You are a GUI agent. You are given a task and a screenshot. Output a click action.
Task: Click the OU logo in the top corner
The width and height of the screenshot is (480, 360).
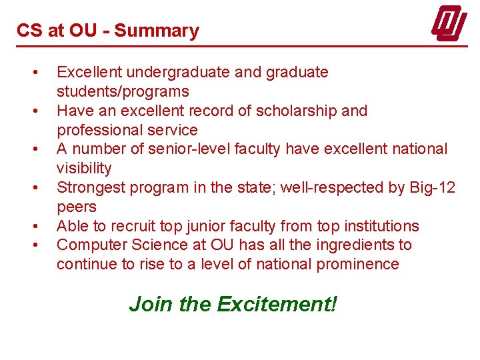448,25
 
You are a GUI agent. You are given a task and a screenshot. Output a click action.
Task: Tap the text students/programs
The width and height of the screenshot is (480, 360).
123,91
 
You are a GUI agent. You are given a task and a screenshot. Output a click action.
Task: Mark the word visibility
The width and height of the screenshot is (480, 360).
84,168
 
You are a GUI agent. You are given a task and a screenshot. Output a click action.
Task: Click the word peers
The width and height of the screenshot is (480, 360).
77,207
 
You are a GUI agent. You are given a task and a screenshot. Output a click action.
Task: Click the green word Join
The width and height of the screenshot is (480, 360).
151,304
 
